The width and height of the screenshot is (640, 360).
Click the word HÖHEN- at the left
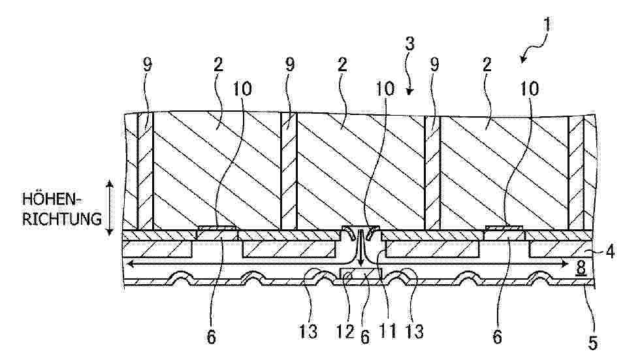(x=52, y=199)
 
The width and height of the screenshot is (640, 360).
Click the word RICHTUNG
(x=61, y=219)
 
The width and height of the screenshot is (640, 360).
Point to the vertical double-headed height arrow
(x=109, y=208)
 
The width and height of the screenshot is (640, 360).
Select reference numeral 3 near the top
(x=409, y=43)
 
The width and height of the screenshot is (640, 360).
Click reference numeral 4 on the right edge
(x=609, y=252)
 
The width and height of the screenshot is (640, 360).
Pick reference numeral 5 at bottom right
(x=593, y=343)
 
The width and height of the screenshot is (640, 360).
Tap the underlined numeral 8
(x=581, y=269)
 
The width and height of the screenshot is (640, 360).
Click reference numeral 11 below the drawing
(x=387, y=331)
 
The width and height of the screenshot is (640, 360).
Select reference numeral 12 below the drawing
(x=345, y=331)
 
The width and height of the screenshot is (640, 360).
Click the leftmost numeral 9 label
(x=148, y=65)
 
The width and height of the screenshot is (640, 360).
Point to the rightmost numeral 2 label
(x=487, y=65)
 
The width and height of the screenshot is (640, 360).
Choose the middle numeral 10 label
(x=385, y=89)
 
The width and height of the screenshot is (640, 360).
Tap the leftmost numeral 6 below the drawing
(x=211, y=337)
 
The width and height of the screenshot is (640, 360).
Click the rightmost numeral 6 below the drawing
(x=497, y=337)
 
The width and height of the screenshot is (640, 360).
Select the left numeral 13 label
(x=308, y=331)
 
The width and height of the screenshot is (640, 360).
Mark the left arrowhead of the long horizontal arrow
(x=130, y=264)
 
